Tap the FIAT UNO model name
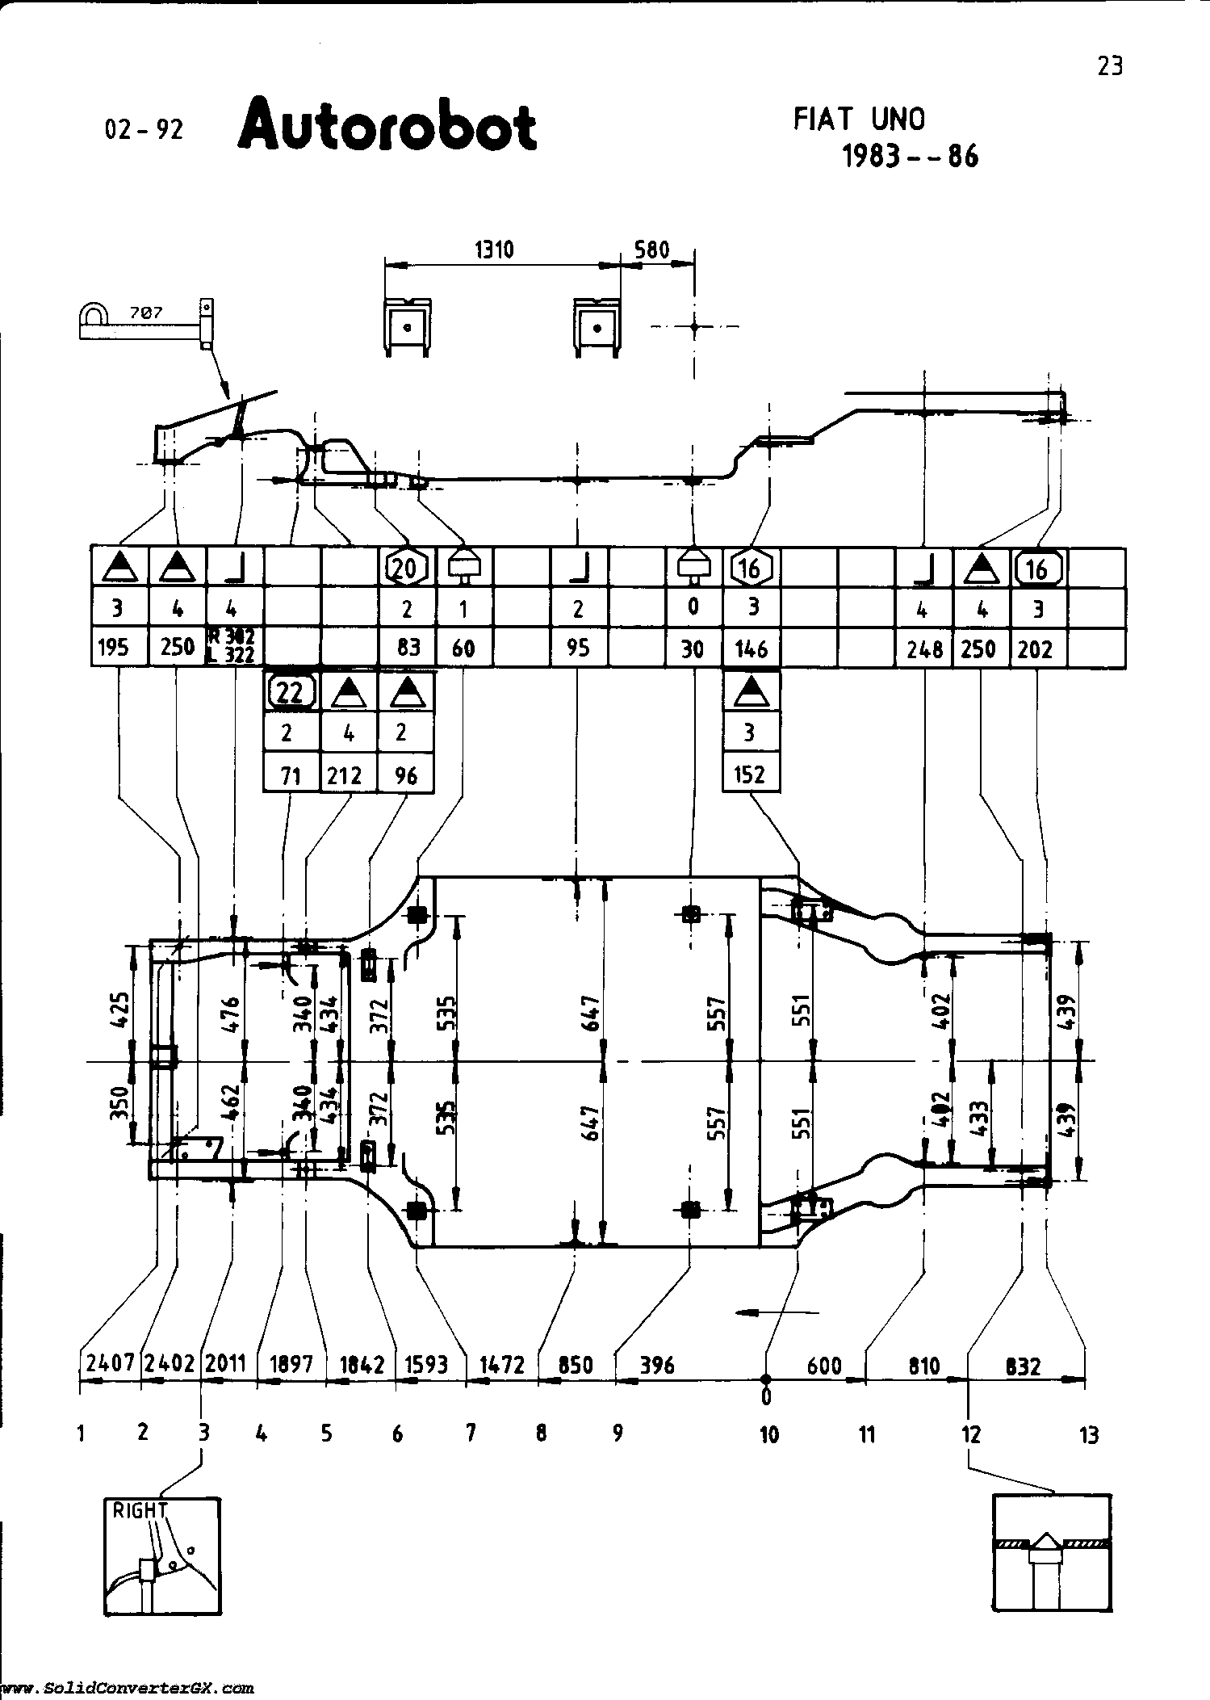click(x=859, y=120)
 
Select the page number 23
click(x=1110, y=65)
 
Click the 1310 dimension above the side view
click(x=493, y=250)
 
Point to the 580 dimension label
click(x=651, y=250)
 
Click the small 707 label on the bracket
click(x=146, y=313)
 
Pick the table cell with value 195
click(x=119, y=648)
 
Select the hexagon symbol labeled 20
click(x=406, y=569)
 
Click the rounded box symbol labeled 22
click(x=291, y=691)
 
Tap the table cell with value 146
click(x=751, y=648)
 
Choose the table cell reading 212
click(x=348, y=775)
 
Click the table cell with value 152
click(x=750, y=774)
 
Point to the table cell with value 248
click(x=925, y=648)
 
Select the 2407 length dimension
click(x=111, y=1363)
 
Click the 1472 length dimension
click(x=502, y=1365)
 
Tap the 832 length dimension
click(x=1023, y=1366)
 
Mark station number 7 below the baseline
click(x=470, y=1433)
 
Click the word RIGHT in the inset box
click(x=138, y=1509)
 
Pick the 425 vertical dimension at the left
click(x=118, y=1010)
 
